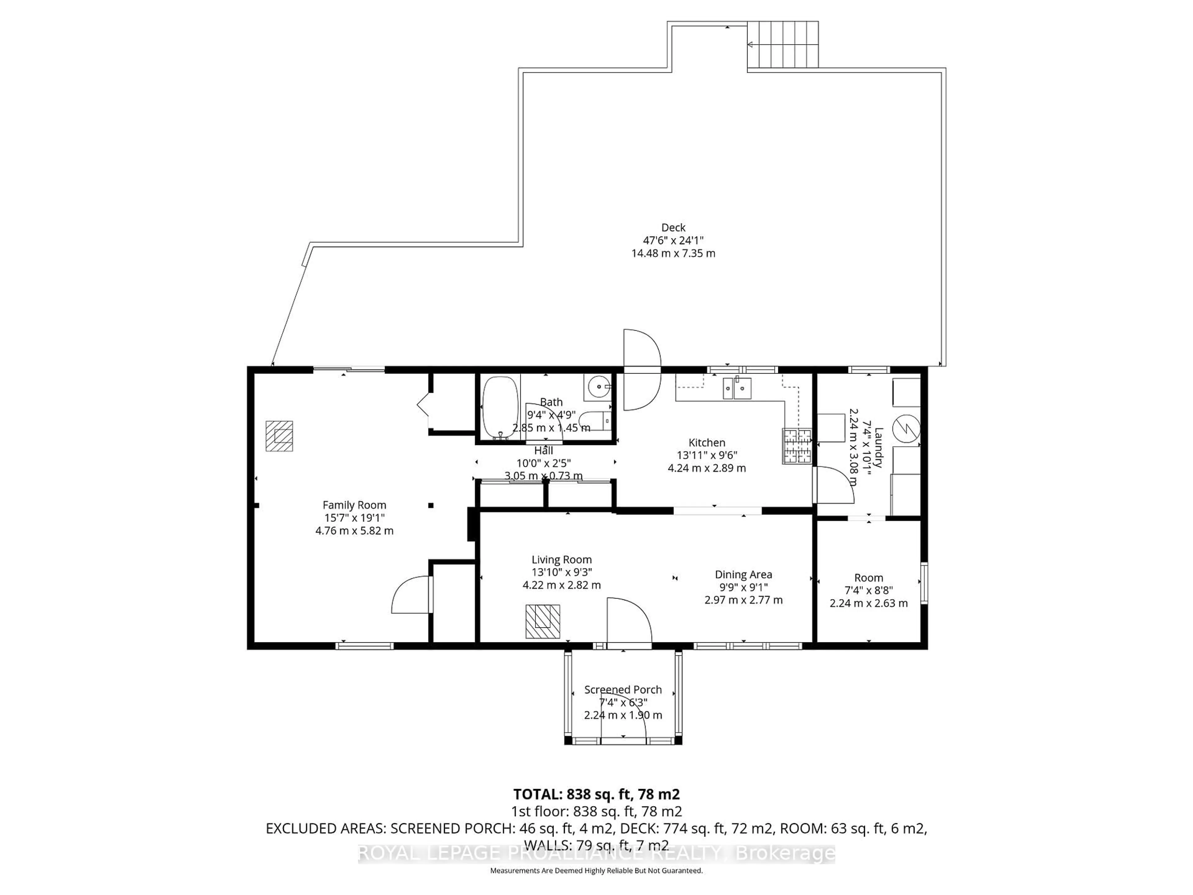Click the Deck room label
673,228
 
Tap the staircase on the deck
783,44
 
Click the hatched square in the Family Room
279,436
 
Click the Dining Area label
743,575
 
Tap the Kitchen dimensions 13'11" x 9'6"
706,455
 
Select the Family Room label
354,505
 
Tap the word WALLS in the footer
544,845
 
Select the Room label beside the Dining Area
868,578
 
